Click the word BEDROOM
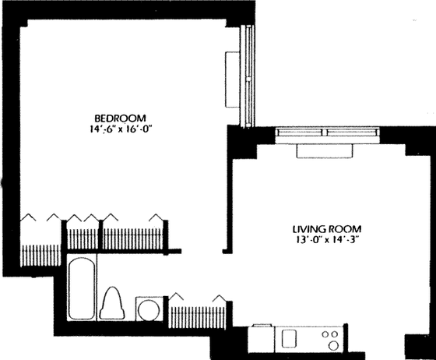pos(120,118)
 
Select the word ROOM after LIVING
pos(345,229)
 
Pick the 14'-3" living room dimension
pos(345,240)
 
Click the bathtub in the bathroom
pos(82,288)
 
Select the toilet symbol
pos(112,303)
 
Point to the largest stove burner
pos(333,345)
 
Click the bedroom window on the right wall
pos(248,76)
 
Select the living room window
pos(327,132)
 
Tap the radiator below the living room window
pos(325,151)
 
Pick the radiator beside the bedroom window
pos(232,79)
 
